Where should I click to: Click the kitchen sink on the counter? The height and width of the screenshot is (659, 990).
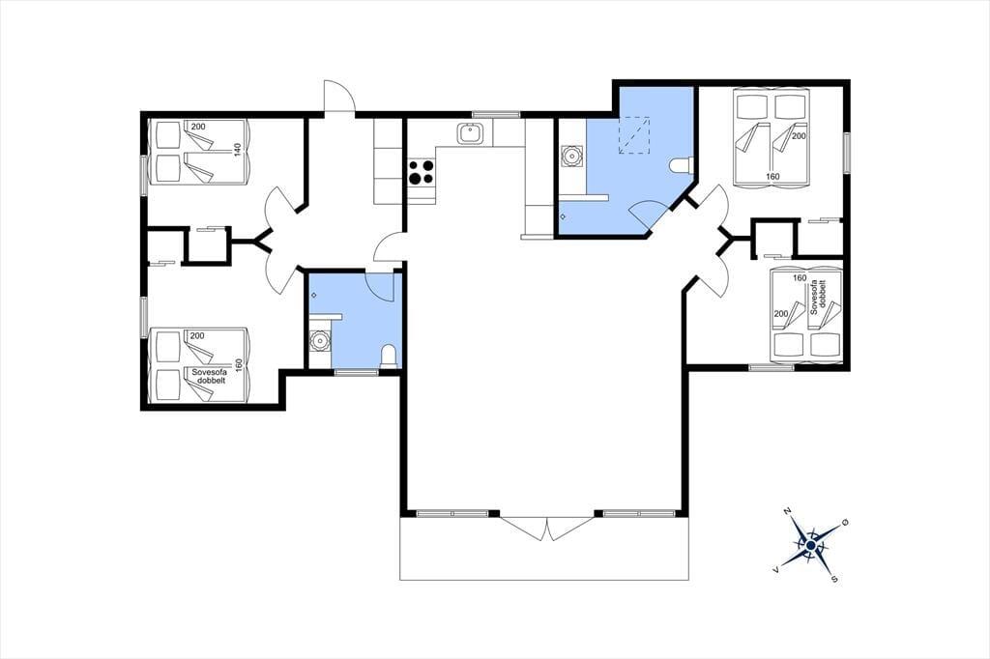point(470,133)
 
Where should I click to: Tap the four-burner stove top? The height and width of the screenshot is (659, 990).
point(422,172)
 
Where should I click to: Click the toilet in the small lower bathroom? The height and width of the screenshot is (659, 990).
point(389,356)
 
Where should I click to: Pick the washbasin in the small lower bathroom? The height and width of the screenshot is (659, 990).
point(320,341)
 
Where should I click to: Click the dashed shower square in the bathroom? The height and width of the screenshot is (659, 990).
point(634,135)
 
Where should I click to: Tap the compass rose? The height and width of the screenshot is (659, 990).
point(810,544)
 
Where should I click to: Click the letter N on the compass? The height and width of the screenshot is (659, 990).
point(787,510)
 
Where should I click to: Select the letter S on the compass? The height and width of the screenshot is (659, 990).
point(834,578)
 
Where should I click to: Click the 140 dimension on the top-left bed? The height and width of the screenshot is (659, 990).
point(238,150)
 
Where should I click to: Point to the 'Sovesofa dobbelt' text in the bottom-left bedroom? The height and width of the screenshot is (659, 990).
point(209,377)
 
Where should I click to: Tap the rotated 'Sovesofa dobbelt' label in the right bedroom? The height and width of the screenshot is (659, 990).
point(818,297)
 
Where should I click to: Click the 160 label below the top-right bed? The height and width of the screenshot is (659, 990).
point(772,177)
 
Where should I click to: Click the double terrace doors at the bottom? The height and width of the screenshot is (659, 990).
point(546,527)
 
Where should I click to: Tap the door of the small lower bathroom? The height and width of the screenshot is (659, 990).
point(380,285)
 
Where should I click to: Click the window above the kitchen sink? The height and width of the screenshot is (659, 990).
point(496,114)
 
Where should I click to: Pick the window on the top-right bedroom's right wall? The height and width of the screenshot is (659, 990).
point(846,152)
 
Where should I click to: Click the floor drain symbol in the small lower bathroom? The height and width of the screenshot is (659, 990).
point(314,295)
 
